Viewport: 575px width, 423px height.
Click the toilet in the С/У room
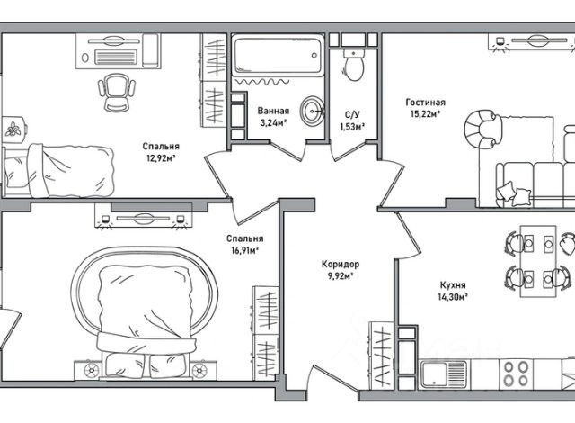[x=354, y=65]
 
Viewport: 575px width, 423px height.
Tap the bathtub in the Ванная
[x=279, y=55]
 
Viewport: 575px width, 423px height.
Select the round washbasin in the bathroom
[x=312, y=110]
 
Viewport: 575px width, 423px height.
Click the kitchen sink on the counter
[x=444, y=373]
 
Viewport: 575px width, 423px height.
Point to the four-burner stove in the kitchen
[x=516, y=373]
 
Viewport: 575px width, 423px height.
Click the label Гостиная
[x=425, y=103]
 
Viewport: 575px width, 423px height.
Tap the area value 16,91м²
[x=245, y=251]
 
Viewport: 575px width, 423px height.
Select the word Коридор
[x=341, y=264]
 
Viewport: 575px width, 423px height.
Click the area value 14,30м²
[x=453, y=297]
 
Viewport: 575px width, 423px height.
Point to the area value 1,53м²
[x=352, y=127]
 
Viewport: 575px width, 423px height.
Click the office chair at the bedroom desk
[x=117, y=92]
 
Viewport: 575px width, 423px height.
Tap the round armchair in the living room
[x=481, y=129]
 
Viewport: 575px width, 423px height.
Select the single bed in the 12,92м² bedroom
[x=57, y=171]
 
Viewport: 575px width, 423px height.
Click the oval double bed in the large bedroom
[x=145, y=313]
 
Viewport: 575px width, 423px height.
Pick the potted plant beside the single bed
[x=13, y=129]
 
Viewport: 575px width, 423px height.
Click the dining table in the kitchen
[x=538, y=261]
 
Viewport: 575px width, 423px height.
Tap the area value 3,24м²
[x=273, y=122]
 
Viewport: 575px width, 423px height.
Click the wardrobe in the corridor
[x=381, y=355]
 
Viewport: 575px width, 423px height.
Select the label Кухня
[x=453, y=285]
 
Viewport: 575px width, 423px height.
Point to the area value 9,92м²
[x=341, y=276]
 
